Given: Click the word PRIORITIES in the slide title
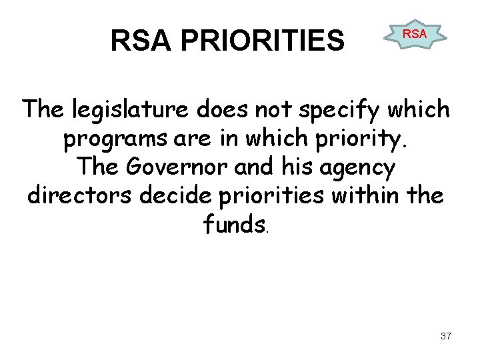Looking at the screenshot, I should tap(263, 41).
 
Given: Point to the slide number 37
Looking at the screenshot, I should tap(445, 336).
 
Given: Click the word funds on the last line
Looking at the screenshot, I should tap(234, 225).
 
